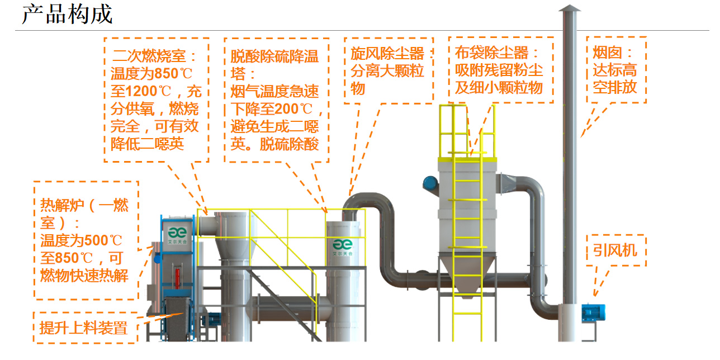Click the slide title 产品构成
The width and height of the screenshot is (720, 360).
click(67, 14)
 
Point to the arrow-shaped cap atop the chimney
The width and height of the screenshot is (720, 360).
click(570, 8)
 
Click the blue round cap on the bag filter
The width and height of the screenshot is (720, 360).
click(430, 182)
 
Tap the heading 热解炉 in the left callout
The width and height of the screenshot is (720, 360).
click(58, 206)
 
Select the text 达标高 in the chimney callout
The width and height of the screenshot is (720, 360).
click(614, 71)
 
